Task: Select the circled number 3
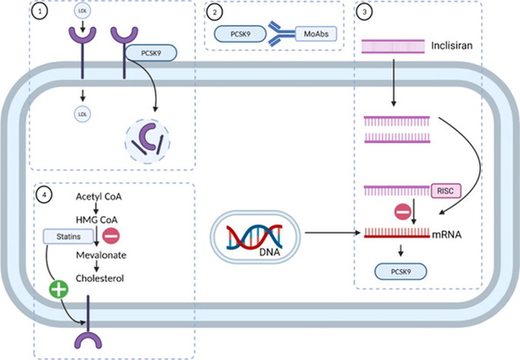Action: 365,13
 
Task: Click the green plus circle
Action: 59,288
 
